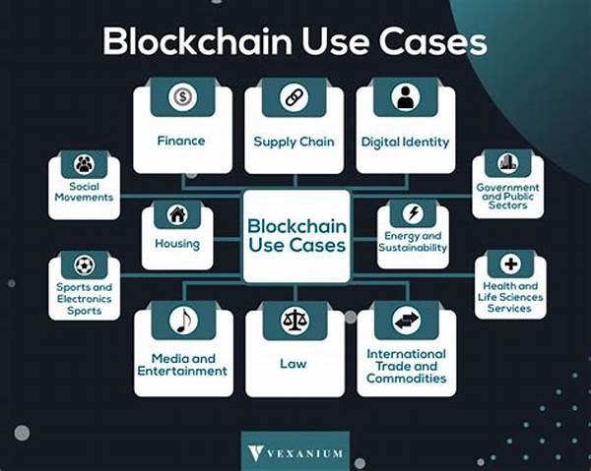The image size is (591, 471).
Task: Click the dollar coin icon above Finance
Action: click(182, 97)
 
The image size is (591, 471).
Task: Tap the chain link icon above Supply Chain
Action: click(295, 97)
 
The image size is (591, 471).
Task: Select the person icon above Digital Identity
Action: click(405, 97)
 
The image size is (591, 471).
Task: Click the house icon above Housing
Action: click(177, 214)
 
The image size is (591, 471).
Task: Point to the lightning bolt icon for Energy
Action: click(413, 214)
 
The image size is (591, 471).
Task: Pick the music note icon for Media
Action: click(183, 321)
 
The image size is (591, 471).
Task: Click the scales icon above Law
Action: click(295, 321)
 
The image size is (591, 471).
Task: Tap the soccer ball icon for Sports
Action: click(84, 265)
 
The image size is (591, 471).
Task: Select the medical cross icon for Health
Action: click(509, 264)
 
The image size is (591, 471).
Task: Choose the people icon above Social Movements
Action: click(84, 164)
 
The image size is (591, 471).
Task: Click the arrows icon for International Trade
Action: click(406, 321)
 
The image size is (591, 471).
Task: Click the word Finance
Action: click(181, 141)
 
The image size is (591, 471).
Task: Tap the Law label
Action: click(294, 364)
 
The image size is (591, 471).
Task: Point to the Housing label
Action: click(177, 244)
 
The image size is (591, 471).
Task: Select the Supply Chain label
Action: click(294, 142)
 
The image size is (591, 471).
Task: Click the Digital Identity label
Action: click(406, 142)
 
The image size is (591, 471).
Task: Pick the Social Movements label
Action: click(84, 192)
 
